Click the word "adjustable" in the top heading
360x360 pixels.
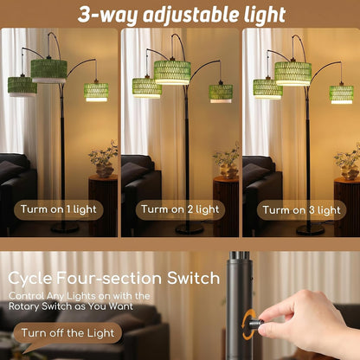point(191,15)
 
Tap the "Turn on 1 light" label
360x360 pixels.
point(59,209)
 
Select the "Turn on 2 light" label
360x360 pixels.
point(180,209)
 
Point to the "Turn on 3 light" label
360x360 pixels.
point(301,210)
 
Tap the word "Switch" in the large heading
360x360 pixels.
point(193,278)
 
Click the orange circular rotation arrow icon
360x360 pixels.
point(248,325)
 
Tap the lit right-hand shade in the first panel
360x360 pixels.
point(96,93)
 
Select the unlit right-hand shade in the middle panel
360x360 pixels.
point(221,93)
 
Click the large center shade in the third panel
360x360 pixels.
point(292,74)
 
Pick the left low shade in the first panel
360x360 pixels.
point(22,87)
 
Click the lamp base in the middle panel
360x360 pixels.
point(190,229)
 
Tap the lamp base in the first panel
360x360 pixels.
point(65,228)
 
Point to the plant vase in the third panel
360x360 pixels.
point(350,172)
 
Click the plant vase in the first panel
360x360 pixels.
point(105,170)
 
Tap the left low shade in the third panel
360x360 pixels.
point(267,89)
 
